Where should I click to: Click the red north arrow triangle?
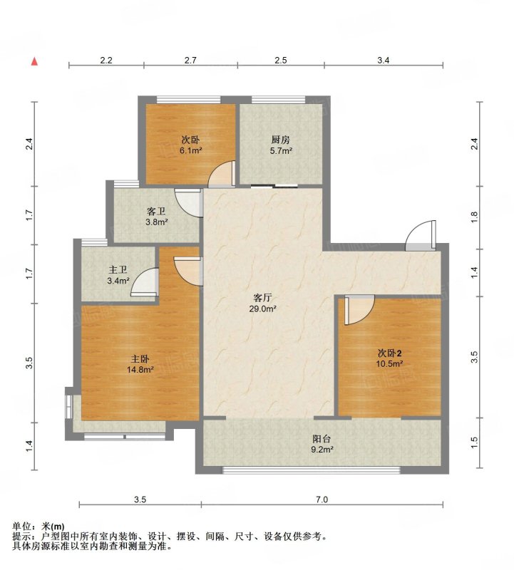[34, 61]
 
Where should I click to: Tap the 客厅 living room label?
[262, 298]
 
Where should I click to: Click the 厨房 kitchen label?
[280, 140]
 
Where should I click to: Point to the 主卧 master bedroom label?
[140, 359]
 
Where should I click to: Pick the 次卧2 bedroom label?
[389, 353]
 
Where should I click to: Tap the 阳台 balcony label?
[322, 438]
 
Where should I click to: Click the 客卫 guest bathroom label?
[156, 211]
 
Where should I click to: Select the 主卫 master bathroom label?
[118, 270]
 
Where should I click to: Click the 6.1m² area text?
[191, 150]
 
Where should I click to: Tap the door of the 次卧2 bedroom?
[359, 309]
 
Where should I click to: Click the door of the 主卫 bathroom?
[145, 281]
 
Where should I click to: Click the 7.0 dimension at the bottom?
[322, 499]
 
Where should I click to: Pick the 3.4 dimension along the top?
[383, 61]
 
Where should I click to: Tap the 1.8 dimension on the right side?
[473, 217]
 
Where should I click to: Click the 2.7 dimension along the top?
[190, 61]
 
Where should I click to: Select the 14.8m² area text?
[140, 370]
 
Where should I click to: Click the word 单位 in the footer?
[21, 527]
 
